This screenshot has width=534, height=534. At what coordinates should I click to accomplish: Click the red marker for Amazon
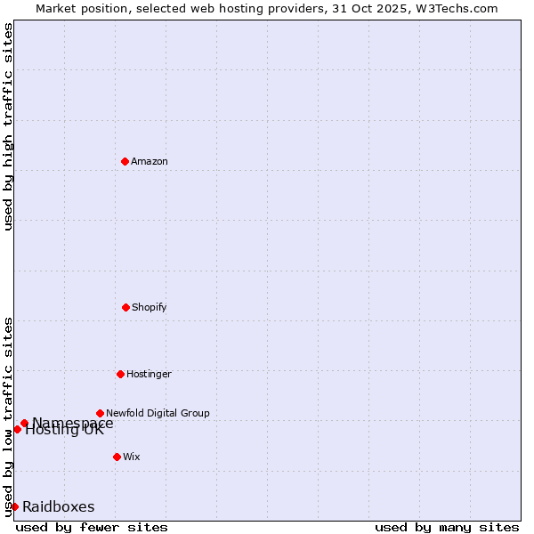point(125,161)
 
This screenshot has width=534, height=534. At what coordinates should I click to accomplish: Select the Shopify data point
point(125,307)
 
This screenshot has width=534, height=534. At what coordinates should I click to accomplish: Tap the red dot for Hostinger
point(120,374)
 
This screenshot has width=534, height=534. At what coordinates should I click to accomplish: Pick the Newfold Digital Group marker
point(100,413)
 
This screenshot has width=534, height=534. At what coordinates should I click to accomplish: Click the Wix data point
point(117,457)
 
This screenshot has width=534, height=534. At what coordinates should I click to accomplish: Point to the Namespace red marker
point(24,424)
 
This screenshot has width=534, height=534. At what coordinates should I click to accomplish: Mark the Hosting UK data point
point(17,430)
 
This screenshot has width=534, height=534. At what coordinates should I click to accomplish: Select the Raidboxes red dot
point(14,506)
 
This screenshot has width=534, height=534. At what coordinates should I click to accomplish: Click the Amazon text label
point(150,161)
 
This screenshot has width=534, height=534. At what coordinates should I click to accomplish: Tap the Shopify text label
point(150,307)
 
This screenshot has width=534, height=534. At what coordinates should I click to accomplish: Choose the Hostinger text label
point(149,374)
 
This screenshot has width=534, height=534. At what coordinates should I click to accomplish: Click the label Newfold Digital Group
point(158,413)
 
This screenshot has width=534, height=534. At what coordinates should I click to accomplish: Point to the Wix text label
point(132,457)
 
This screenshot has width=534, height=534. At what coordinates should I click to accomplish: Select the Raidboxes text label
point(59,506)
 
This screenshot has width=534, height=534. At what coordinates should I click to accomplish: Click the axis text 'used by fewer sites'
point(92,527)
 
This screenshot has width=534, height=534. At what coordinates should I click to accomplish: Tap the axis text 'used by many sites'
point(447,527)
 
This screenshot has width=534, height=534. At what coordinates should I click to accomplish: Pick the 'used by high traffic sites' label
point(8,126)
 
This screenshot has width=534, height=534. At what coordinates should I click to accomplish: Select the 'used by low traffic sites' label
point(8,416)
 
